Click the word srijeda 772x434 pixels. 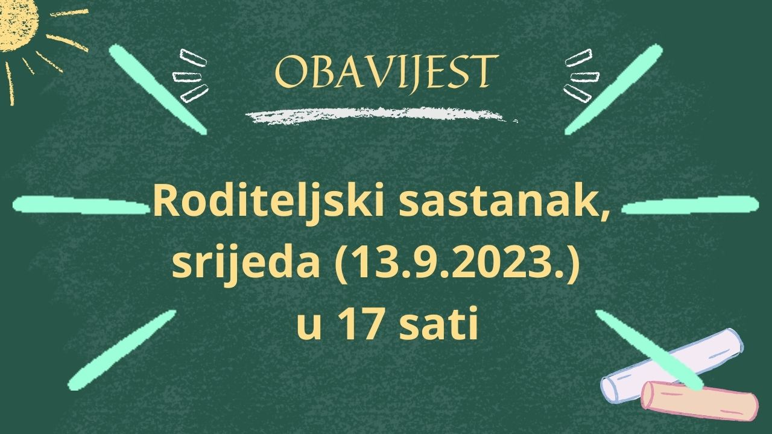click(245, 265)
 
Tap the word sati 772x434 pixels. click(438, 323)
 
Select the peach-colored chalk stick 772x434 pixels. click(700, 401)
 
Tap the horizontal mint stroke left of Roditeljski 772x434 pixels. click(81, 205)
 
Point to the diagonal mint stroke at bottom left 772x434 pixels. click(122, 350)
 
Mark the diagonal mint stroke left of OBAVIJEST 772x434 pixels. click(158, 89)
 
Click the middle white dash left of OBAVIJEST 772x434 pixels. click(186, 77)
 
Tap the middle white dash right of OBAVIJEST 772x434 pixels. click(585, 77)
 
